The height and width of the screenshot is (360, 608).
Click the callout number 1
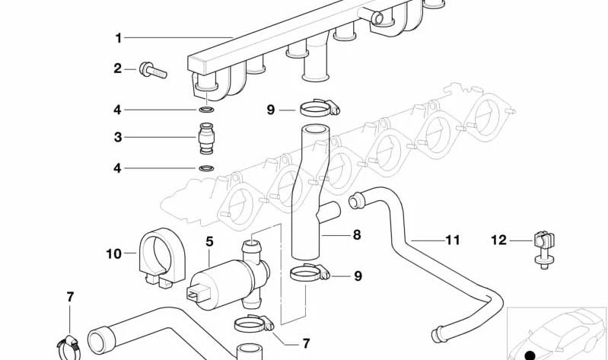(118, 37)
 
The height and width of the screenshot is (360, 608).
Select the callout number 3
(118, 138)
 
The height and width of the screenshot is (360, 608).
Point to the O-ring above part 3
(205, 111)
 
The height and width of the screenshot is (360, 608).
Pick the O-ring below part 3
(205, 167)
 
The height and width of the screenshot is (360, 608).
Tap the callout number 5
(210, 241)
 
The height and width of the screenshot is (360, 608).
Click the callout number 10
(113, 253)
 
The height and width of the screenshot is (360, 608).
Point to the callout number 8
(356, 235)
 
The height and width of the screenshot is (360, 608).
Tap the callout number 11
(453, 240)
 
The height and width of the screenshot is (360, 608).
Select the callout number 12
(498, 241)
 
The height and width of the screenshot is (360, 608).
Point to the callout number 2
(118, 68)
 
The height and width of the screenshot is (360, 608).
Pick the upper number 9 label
(270, 110)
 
